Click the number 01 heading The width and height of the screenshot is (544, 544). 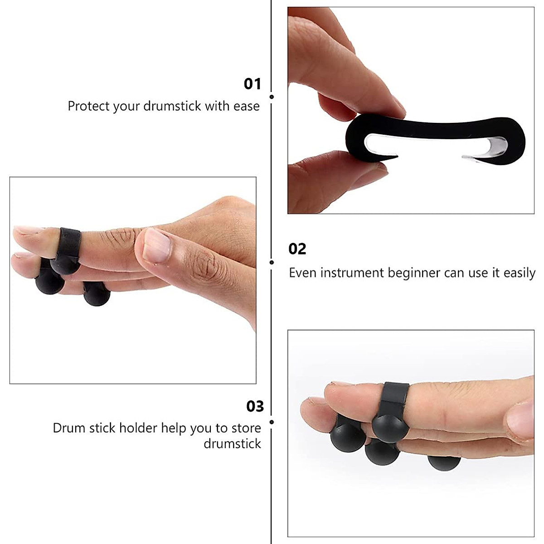click(x=253, y=84)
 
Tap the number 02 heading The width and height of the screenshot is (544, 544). click(x=297, y=249)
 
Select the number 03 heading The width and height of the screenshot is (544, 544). click(x=255, y=406)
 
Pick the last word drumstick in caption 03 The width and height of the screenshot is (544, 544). click(x=232, y=443)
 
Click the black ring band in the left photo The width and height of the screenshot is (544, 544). click(x=70, y=243)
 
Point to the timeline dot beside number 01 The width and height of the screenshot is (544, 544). click(x=272, y=97)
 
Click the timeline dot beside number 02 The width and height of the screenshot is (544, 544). click(x=272, y=262)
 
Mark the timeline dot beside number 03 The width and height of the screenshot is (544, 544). click(x=272, y=422)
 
